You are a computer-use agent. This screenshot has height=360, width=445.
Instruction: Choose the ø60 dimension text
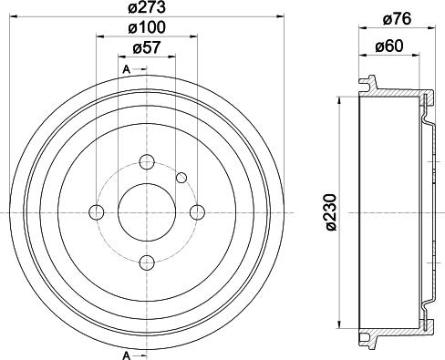[x=389, y=45]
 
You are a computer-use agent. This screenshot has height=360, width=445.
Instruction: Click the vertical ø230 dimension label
[x=329, y=211]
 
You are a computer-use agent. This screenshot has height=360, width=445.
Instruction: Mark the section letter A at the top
[x=123, y=69]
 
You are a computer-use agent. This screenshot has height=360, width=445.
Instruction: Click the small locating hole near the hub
[x=181, y=177]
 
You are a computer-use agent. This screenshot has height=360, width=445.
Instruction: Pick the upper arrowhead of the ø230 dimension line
[x=340, y=99]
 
